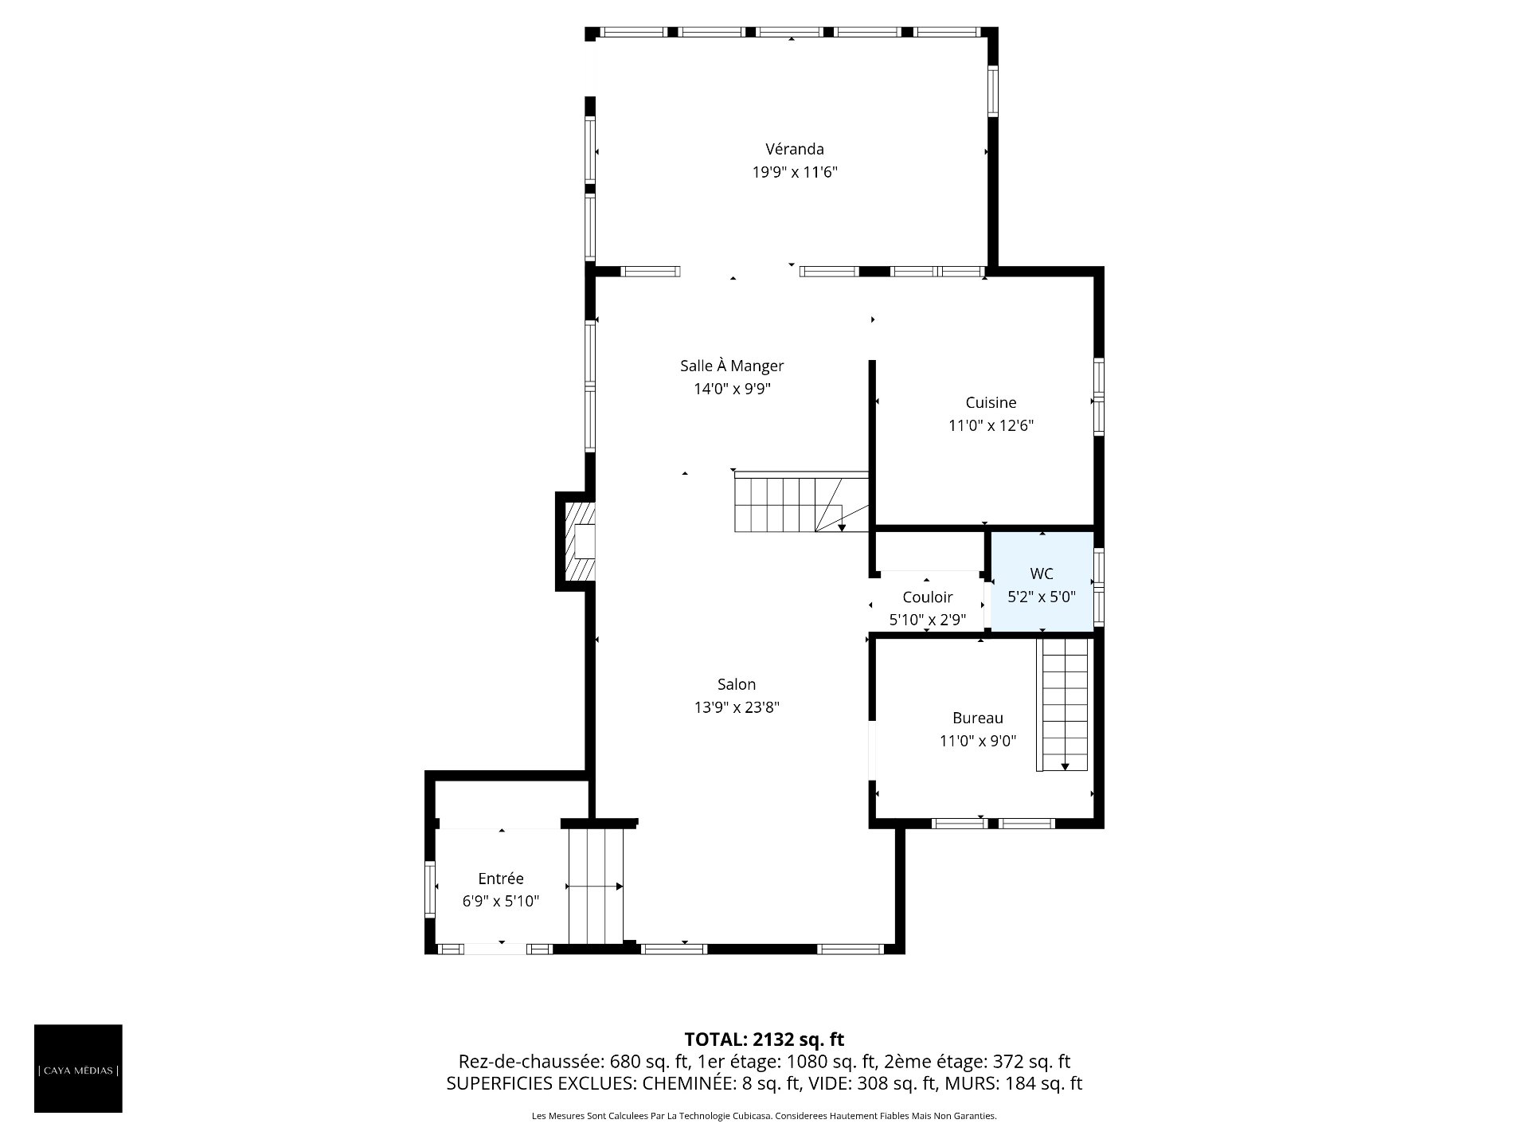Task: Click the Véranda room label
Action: [x=795, y=149]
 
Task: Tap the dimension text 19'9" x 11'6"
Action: [x=795, y=172]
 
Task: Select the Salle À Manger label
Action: [x=732, y=366]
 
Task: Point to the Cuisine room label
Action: [x=991, y=402]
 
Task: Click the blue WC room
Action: [x=1042, y=582]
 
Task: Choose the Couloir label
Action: [x=928, y=597]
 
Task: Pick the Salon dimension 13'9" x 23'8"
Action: [x=737, y=707]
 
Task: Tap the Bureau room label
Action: [x=978, y=718]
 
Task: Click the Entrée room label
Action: [x=501, y=879]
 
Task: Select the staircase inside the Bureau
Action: [x=1062, y=704]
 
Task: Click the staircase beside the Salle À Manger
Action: [x=801, y=502]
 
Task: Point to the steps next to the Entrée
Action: [x=595, y=886]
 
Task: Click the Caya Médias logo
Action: [x=78, y=1068]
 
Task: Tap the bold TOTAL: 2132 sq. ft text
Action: [x=764, y=1039]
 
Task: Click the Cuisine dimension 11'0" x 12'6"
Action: [x=991, y=425]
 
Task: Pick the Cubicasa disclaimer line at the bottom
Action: [x=764, y=1116]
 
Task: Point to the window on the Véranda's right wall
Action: [x=993, y=91]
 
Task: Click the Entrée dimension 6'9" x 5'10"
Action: [x=501, y=902]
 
